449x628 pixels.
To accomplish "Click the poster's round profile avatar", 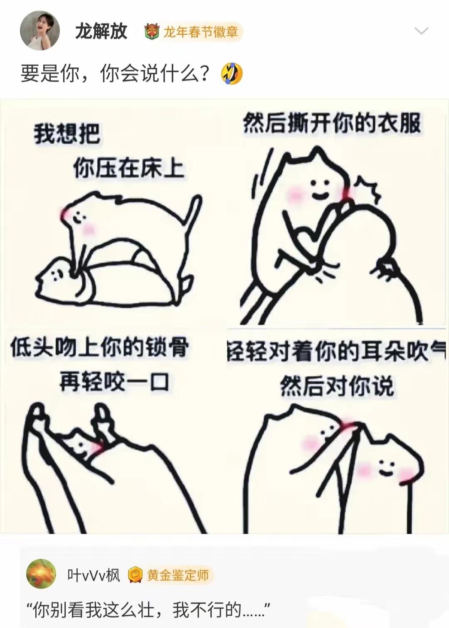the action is click(x=40, y=31).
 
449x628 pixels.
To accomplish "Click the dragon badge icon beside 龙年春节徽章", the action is click(x=152, y=32).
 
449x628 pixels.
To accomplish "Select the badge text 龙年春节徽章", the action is click(x=201, y=32).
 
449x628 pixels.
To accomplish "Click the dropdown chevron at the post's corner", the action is click(x=422, y=31).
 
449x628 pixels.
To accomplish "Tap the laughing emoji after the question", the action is click(x=232, y=74).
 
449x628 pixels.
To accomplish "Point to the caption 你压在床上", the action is click(x=129, y=169).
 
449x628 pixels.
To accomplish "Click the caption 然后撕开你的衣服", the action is click(x=332, y=123).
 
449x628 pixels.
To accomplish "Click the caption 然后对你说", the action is click(x=337, y=386).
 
